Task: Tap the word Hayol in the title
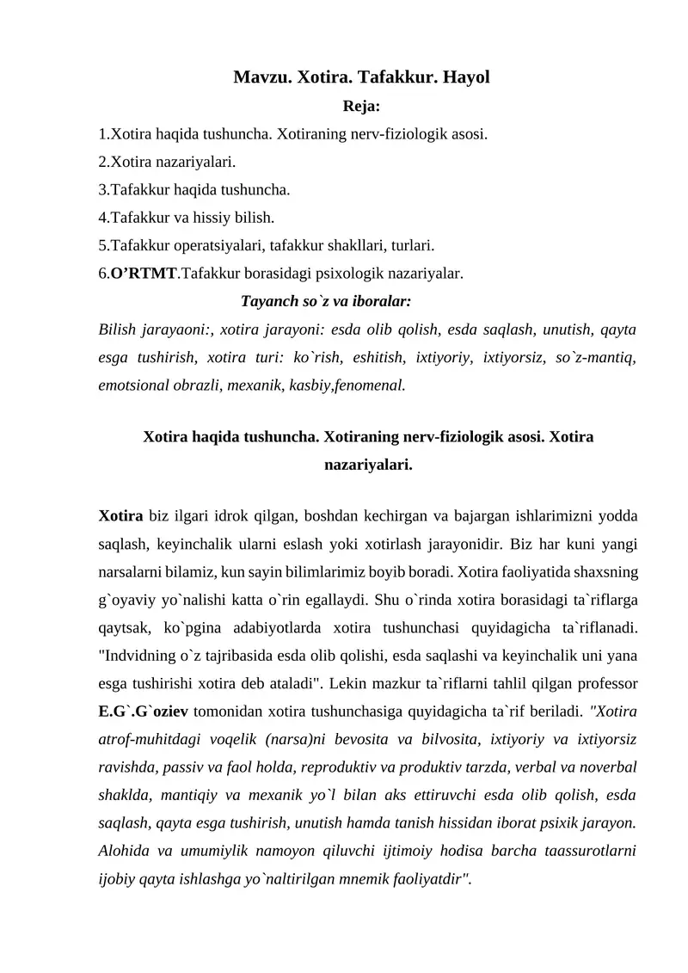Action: (x=464, y=77)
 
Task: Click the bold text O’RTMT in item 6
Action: (x=142, y=274)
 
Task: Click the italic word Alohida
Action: (x=126, y=851)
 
